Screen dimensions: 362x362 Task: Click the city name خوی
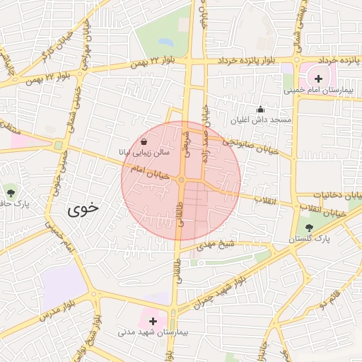tap(84, 209)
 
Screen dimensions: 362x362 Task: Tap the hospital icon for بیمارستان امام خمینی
tap(318, 78)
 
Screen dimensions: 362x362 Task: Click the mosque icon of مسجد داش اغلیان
tap(260, 109)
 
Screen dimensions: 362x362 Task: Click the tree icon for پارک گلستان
tap(310, 228)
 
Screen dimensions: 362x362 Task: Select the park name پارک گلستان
tap(310, 240)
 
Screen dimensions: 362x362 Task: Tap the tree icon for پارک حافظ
tap(10, 192)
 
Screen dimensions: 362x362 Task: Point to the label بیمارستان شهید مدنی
tap(152, 332)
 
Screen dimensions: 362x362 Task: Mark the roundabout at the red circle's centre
tap(182, 180)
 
